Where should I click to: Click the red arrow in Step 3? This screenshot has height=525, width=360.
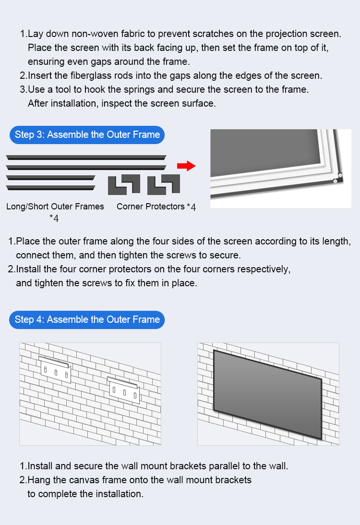186,166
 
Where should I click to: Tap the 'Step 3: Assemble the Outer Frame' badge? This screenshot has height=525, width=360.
87,135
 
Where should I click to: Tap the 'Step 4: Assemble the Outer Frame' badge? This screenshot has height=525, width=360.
87,320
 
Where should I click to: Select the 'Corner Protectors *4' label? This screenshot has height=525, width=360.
156,207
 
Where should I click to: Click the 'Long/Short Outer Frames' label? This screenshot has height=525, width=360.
55,207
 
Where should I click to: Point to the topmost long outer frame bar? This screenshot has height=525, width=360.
86,158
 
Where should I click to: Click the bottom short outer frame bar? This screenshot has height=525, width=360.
50,188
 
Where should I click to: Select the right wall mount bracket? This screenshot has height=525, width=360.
123,390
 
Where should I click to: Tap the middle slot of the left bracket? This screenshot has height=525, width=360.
56,372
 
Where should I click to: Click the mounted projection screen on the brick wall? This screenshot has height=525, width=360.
268,395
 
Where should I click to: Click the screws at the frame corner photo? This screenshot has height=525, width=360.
337,178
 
